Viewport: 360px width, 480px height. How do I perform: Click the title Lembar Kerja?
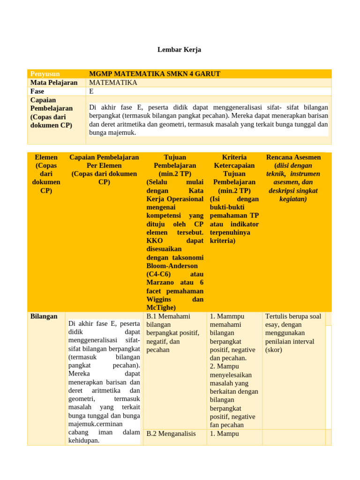pos(179,50)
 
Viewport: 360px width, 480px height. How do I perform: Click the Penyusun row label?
pos(45,74)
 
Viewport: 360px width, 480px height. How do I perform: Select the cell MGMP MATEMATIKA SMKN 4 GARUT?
pos(155,74)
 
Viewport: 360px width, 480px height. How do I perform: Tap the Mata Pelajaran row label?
pos(54,82)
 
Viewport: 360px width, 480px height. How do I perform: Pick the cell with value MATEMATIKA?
pos(113,82)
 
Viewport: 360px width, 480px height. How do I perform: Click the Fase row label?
pos(37,91)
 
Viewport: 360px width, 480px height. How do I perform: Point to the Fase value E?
pos(91,91)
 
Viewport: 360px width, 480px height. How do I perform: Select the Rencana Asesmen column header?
pos(293,157)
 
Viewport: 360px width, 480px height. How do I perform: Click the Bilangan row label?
pos(44,316)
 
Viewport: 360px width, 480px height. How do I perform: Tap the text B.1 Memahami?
pos(169,316)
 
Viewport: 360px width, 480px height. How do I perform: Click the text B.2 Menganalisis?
pos(171,434)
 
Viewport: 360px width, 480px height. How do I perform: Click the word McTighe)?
pos(161,307)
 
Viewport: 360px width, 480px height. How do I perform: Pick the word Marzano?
pos(161,283)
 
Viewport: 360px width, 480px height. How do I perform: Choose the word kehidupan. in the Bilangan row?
pos(84,441)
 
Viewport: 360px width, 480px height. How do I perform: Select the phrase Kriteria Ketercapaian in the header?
pos(234,161)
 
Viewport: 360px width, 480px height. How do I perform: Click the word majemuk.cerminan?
pos(96,424)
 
